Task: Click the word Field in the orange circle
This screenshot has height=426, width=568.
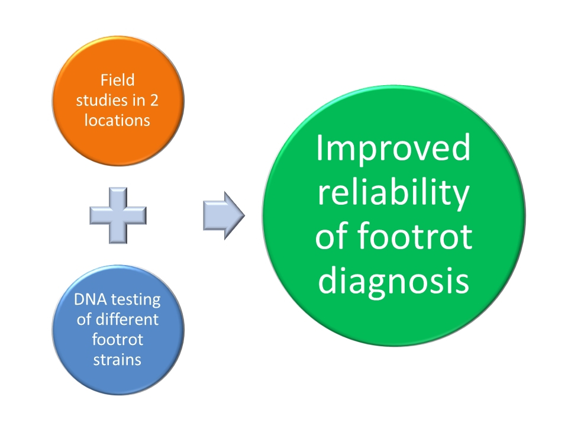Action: pyautogui.click(x=117, y=80)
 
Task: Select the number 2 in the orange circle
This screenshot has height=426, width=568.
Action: pyautogui.click(x=154, y=101)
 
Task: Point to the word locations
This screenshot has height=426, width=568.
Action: pyautogui.click(x=117, y=120)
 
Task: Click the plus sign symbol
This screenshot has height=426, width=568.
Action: pyautogui.click(x=118, y=215)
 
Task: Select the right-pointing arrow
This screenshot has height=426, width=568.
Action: pyautogui.click(x=224, y=215)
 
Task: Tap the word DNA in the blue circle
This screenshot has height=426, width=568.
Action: pyautogui.click(x=90, y=299)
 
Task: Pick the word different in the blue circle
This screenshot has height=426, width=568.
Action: pyautogui.click(x=127, y=319)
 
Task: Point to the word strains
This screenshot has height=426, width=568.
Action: pyautogui.click(x=117, y=360)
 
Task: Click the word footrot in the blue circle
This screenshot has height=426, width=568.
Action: pyautogui.click(x=117, y=340)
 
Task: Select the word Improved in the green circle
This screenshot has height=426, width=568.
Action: pyautogui.click(x=393, y=149)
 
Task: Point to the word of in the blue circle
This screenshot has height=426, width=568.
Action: pyautogui.click(x=84, y=319)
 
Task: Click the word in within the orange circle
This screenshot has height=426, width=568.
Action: pyautogui.click(x=138, y=101)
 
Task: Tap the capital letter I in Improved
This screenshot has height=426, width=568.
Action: pyautogui.click(x=319, y=147)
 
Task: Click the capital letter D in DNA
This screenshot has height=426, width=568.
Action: pyautogui.click(x=79, y=299)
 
